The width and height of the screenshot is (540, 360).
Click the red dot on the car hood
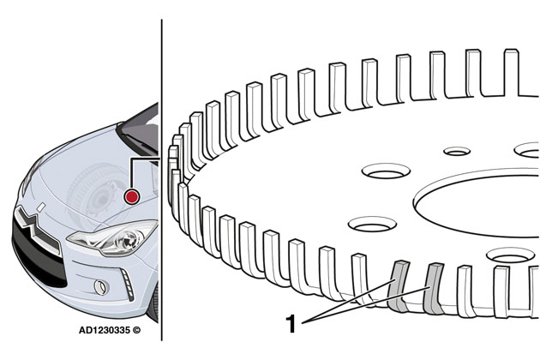tap(131, 196)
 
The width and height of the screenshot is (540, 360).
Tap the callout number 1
tap(291, 324)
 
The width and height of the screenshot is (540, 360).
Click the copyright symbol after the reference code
tap(136, 328)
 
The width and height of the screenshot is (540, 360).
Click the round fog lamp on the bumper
tap(100, 285)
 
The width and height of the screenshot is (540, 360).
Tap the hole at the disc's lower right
tap(511, 255)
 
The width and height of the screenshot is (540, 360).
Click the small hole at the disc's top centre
tap(456, 151)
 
